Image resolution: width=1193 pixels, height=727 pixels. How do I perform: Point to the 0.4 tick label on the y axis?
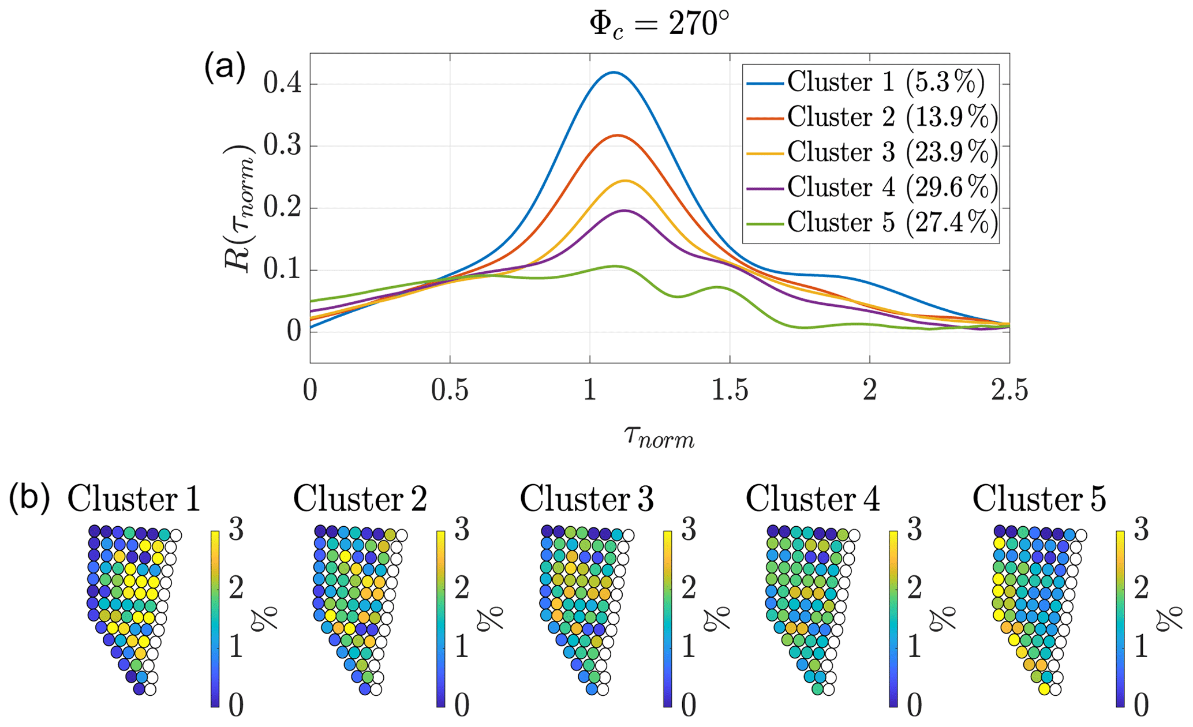tap(282, 84)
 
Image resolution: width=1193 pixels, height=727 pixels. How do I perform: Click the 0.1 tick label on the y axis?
tap(282, 271)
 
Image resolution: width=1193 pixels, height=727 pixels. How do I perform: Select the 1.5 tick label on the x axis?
tap(730, 391)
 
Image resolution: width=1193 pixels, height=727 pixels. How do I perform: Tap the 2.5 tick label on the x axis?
tap(1009, 391)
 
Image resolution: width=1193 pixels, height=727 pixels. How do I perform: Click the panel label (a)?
tap(225, 67)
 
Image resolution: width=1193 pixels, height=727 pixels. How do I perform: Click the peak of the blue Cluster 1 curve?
tap(613, 72)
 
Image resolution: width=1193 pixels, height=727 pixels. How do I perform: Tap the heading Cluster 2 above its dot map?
tap(360, 499)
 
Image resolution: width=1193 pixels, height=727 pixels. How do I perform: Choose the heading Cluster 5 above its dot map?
tap(1039, 499)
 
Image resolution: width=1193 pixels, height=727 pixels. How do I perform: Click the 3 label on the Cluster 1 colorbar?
tap(236, 531)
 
